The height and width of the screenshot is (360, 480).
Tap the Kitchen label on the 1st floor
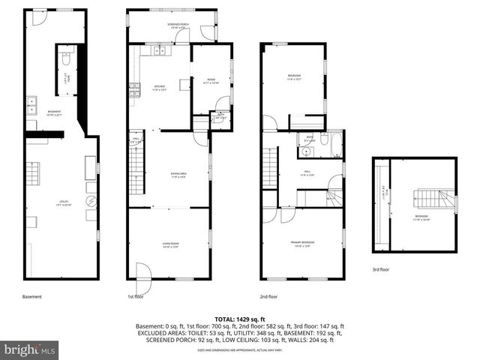(x=159, y=88)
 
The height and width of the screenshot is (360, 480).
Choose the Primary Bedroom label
(x=302, y=243)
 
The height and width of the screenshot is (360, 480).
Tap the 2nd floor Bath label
(x=310, y=139)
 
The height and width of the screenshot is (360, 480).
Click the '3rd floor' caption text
(x=381, y=268)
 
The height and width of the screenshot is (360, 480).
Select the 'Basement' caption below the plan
(x=32, y=296)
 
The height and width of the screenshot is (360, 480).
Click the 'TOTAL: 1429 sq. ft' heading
(x=240, y=319)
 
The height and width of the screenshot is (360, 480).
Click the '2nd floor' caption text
(x=268, y=296)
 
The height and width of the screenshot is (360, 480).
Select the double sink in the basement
(x=31, y=108)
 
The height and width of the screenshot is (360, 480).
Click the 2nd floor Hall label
(x=307, y=172)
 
